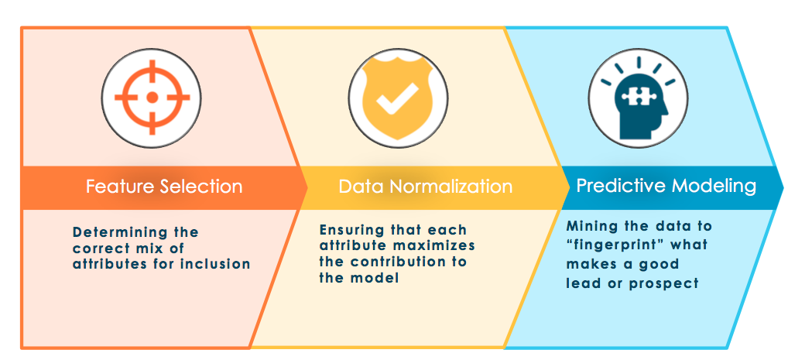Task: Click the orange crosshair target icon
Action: [x=152, y=98]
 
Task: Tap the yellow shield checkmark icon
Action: [x=398, y=98]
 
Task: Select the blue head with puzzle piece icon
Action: [x=639, y=98]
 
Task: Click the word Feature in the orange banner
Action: [x=119, y=187]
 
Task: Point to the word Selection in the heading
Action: [x=200, y=187]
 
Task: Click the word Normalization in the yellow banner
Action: [x=451, y=187]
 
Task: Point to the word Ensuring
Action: [x=351, y=231]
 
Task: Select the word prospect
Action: [x=663, y=283]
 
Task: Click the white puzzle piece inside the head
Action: [x=636, y=94]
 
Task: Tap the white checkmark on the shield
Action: [x=398, y=98]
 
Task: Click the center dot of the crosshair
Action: [x=152, y=98]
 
